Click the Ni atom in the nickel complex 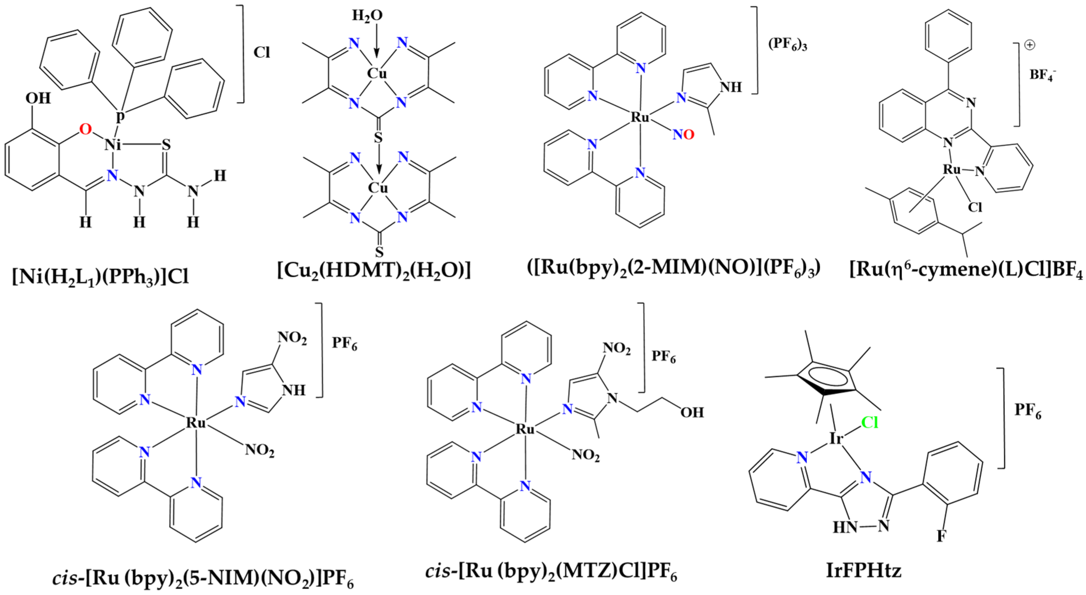(113, 145)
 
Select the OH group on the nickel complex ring (38, 98)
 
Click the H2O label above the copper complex (367, 16)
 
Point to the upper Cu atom (376, 74)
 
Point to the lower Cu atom (377, 188)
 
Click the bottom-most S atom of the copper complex (379, 252)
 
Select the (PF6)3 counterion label (787, 44)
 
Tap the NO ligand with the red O (683, 135)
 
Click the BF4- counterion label (1043, 75)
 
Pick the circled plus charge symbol (1029, 45)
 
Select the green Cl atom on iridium (869, 422)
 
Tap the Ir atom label (837, 439)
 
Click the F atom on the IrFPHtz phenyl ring (941, 536)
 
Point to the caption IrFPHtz (863, 571)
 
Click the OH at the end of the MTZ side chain (692, 412)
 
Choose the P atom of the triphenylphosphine (121, 116)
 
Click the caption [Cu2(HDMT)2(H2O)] (374, 270)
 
